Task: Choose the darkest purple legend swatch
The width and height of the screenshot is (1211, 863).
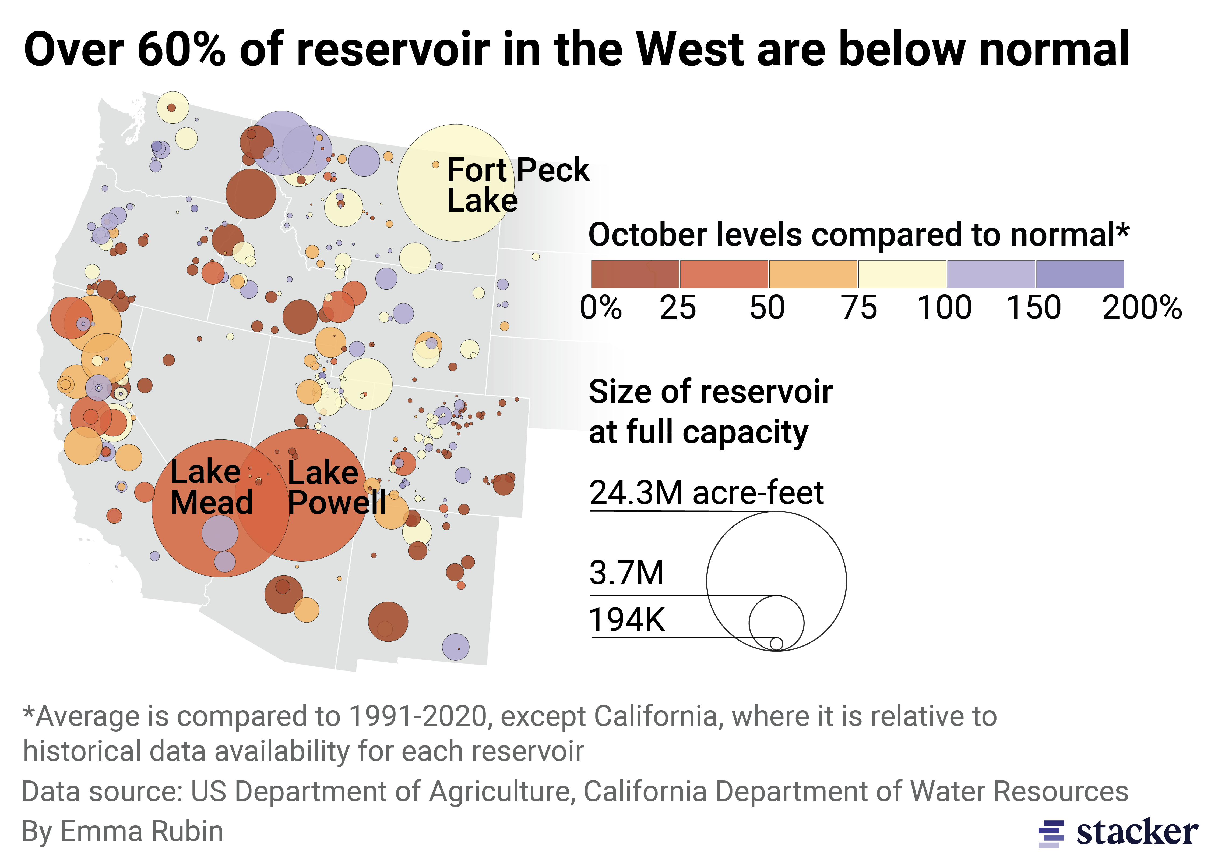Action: (1080, 274)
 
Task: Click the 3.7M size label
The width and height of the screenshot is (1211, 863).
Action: (626, 573)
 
